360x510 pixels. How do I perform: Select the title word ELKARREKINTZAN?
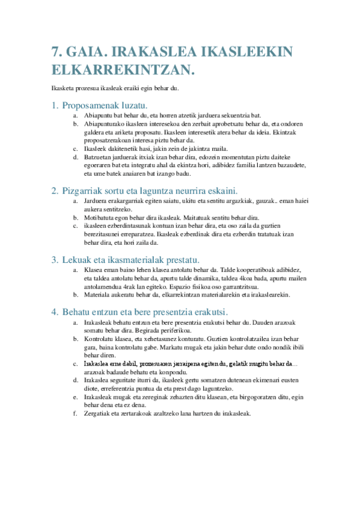123,70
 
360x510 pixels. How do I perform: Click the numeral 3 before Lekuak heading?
55,260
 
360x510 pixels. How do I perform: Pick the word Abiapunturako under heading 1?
103,124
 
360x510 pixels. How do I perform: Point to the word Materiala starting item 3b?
97,295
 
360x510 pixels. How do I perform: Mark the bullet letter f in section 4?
75,414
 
